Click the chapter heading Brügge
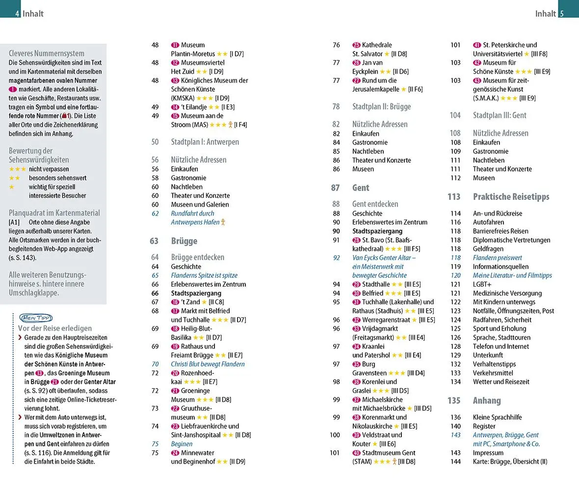tap(184, 241)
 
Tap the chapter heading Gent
tap(361, 188)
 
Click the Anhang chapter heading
tap(487, 400)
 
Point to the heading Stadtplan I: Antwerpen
tap(205, 142)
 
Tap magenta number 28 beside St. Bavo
tap(356, 240)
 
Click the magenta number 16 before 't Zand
tap(175, 302)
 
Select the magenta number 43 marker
tap(477, 80)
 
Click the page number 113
tap(454, 196)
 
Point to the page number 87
tap(336, 188)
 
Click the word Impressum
tap(488, 453)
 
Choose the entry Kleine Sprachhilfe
tap(497, 417)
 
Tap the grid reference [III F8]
tap(539, 54)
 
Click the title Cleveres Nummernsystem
tap(47, 53)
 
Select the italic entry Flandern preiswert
tap(497, 258)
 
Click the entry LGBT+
tap(482, 284)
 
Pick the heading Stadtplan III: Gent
tap(500, 116)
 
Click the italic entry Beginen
tap(182, 444)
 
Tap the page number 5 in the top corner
tap(562, 14)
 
